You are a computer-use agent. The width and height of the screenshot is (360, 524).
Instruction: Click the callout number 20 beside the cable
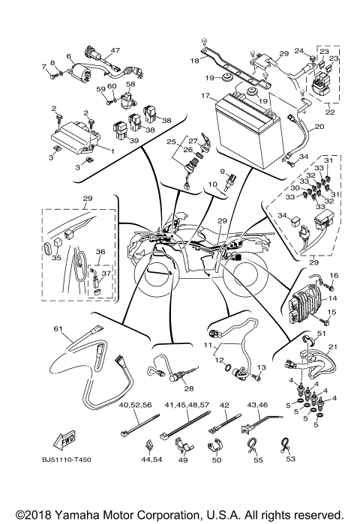[319, 127]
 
